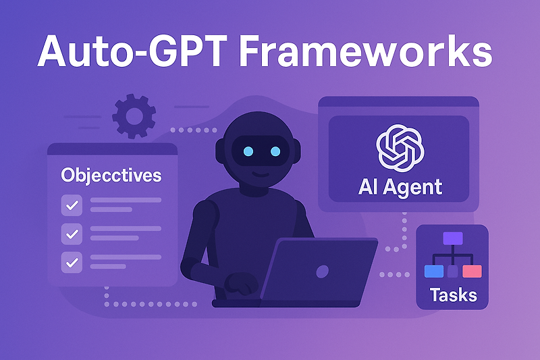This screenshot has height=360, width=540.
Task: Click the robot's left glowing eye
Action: (248, 151)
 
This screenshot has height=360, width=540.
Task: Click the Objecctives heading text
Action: (111, 176)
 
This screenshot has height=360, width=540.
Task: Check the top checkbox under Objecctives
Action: (72, 204)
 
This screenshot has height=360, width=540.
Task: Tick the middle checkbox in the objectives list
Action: (72, 233)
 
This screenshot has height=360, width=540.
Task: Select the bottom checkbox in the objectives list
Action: (72, 261)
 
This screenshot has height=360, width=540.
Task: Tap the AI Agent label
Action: (400, 187)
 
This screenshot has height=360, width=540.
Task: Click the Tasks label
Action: (453, 294)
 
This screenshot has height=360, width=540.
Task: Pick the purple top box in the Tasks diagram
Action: (453, 238)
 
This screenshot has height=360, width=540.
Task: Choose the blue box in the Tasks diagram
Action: (433, 272)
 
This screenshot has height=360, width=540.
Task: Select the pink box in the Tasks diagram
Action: (472, 272)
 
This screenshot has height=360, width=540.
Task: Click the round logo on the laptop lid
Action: (323, 272)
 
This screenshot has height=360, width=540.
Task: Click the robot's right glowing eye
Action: (277, 151)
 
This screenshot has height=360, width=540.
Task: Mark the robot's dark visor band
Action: (263, 151)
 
